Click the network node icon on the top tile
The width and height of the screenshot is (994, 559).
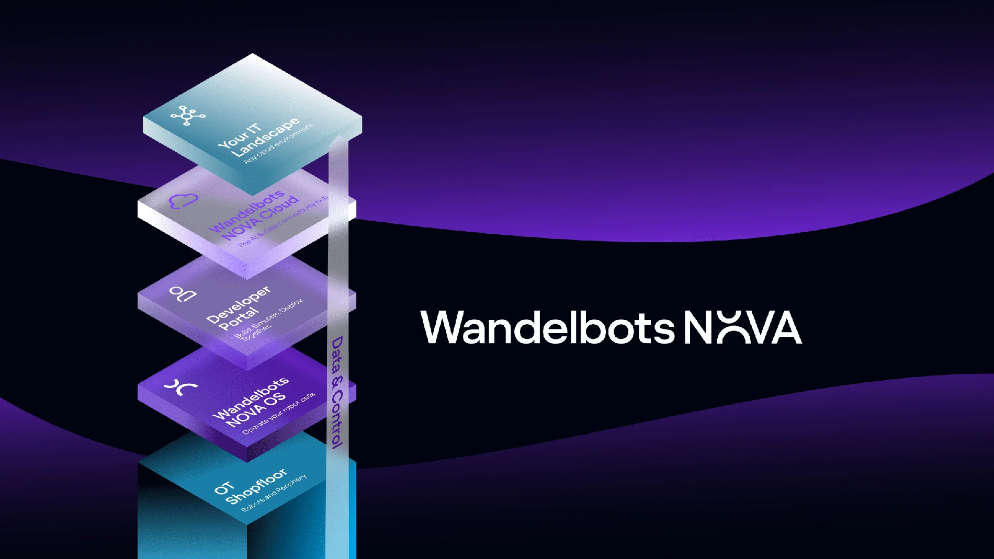(x=187, y=116)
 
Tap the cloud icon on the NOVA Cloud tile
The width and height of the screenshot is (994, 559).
(x=184, y=201)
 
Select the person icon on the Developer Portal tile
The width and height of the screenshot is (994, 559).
(x=184, y=294)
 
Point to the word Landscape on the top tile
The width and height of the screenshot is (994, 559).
(x=265, y=138)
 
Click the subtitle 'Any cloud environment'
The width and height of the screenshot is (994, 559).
(x=278, y=144)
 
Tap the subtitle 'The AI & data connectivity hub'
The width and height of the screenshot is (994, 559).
(x=283, y=222)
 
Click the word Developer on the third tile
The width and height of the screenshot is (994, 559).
(x=238, y=304)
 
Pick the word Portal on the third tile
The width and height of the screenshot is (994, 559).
(x=239, y=318)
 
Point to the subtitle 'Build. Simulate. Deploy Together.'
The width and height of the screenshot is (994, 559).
(x=267, y=321)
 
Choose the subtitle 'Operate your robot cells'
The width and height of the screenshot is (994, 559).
(x=278, y=413)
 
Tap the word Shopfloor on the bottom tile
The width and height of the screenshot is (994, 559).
(x=256, y=487)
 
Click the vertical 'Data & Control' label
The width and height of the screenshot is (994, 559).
(x=337, y=392)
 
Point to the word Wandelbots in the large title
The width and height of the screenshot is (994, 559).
(x=547, y=327)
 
